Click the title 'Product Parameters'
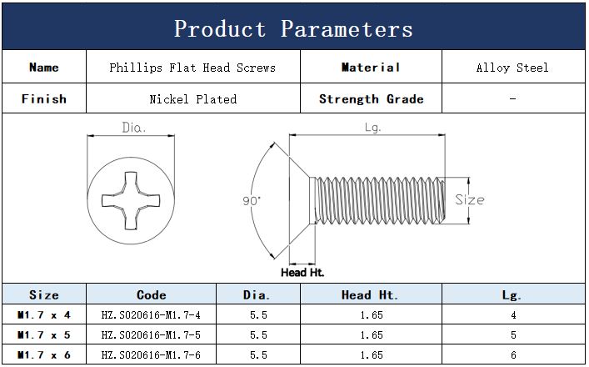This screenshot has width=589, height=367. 293,28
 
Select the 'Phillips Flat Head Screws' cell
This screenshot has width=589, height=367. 192,68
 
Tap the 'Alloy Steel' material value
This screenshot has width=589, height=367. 512,68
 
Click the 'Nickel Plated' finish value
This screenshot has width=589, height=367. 193,99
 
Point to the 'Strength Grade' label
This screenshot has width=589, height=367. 371,99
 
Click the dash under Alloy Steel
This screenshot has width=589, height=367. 512,99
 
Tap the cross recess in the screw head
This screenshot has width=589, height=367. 131,200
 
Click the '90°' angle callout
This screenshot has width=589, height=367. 252,201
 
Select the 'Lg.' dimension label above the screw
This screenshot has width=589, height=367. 372,128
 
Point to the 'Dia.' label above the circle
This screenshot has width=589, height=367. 134,128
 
